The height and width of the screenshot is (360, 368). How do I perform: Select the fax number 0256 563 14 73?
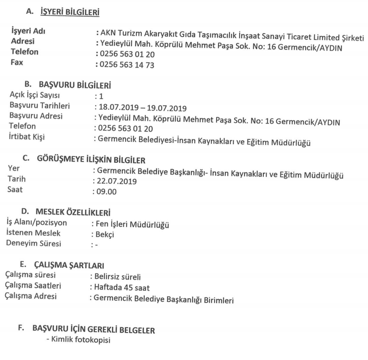[x=126, y=65]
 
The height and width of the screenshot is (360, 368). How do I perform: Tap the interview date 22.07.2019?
[x=116, y=181]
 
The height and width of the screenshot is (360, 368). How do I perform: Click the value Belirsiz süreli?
[x=117, y=277]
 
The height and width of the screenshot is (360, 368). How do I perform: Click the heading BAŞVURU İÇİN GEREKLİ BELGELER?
[x=93, y=330]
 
